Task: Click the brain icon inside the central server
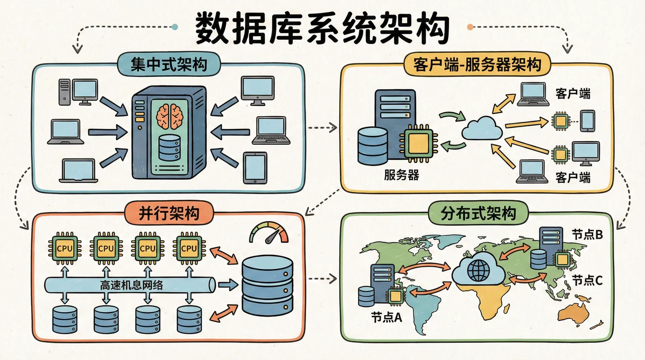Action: tap(170, 116)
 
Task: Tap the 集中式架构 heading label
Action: tap(169, 64)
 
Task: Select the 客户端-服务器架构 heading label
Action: tap(477, 64)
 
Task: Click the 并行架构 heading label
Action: tap(169, 213)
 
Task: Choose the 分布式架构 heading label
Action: tap(478, 213)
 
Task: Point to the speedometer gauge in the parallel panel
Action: tap(269, 233)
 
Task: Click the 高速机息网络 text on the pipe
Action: tap(131, 285)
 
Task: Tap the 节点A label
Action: tap(386, 317)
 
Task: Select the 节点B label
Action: tap(587, 234)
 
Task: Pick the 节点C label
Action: tap(587, 280)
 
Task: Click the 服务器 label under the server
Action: tap(401, 175)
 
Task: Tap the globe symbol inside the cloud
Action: tap(479, 271)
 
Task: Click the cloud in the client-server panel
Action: tap(482, 129)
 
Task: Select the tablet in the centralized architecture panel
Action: tap(255, 168)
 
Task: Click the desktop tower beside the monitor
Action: tap(64, 92)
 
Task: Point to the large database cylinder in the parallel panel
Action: tap(267, 285)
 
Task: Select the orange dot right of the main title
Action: tap(470, 27)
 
